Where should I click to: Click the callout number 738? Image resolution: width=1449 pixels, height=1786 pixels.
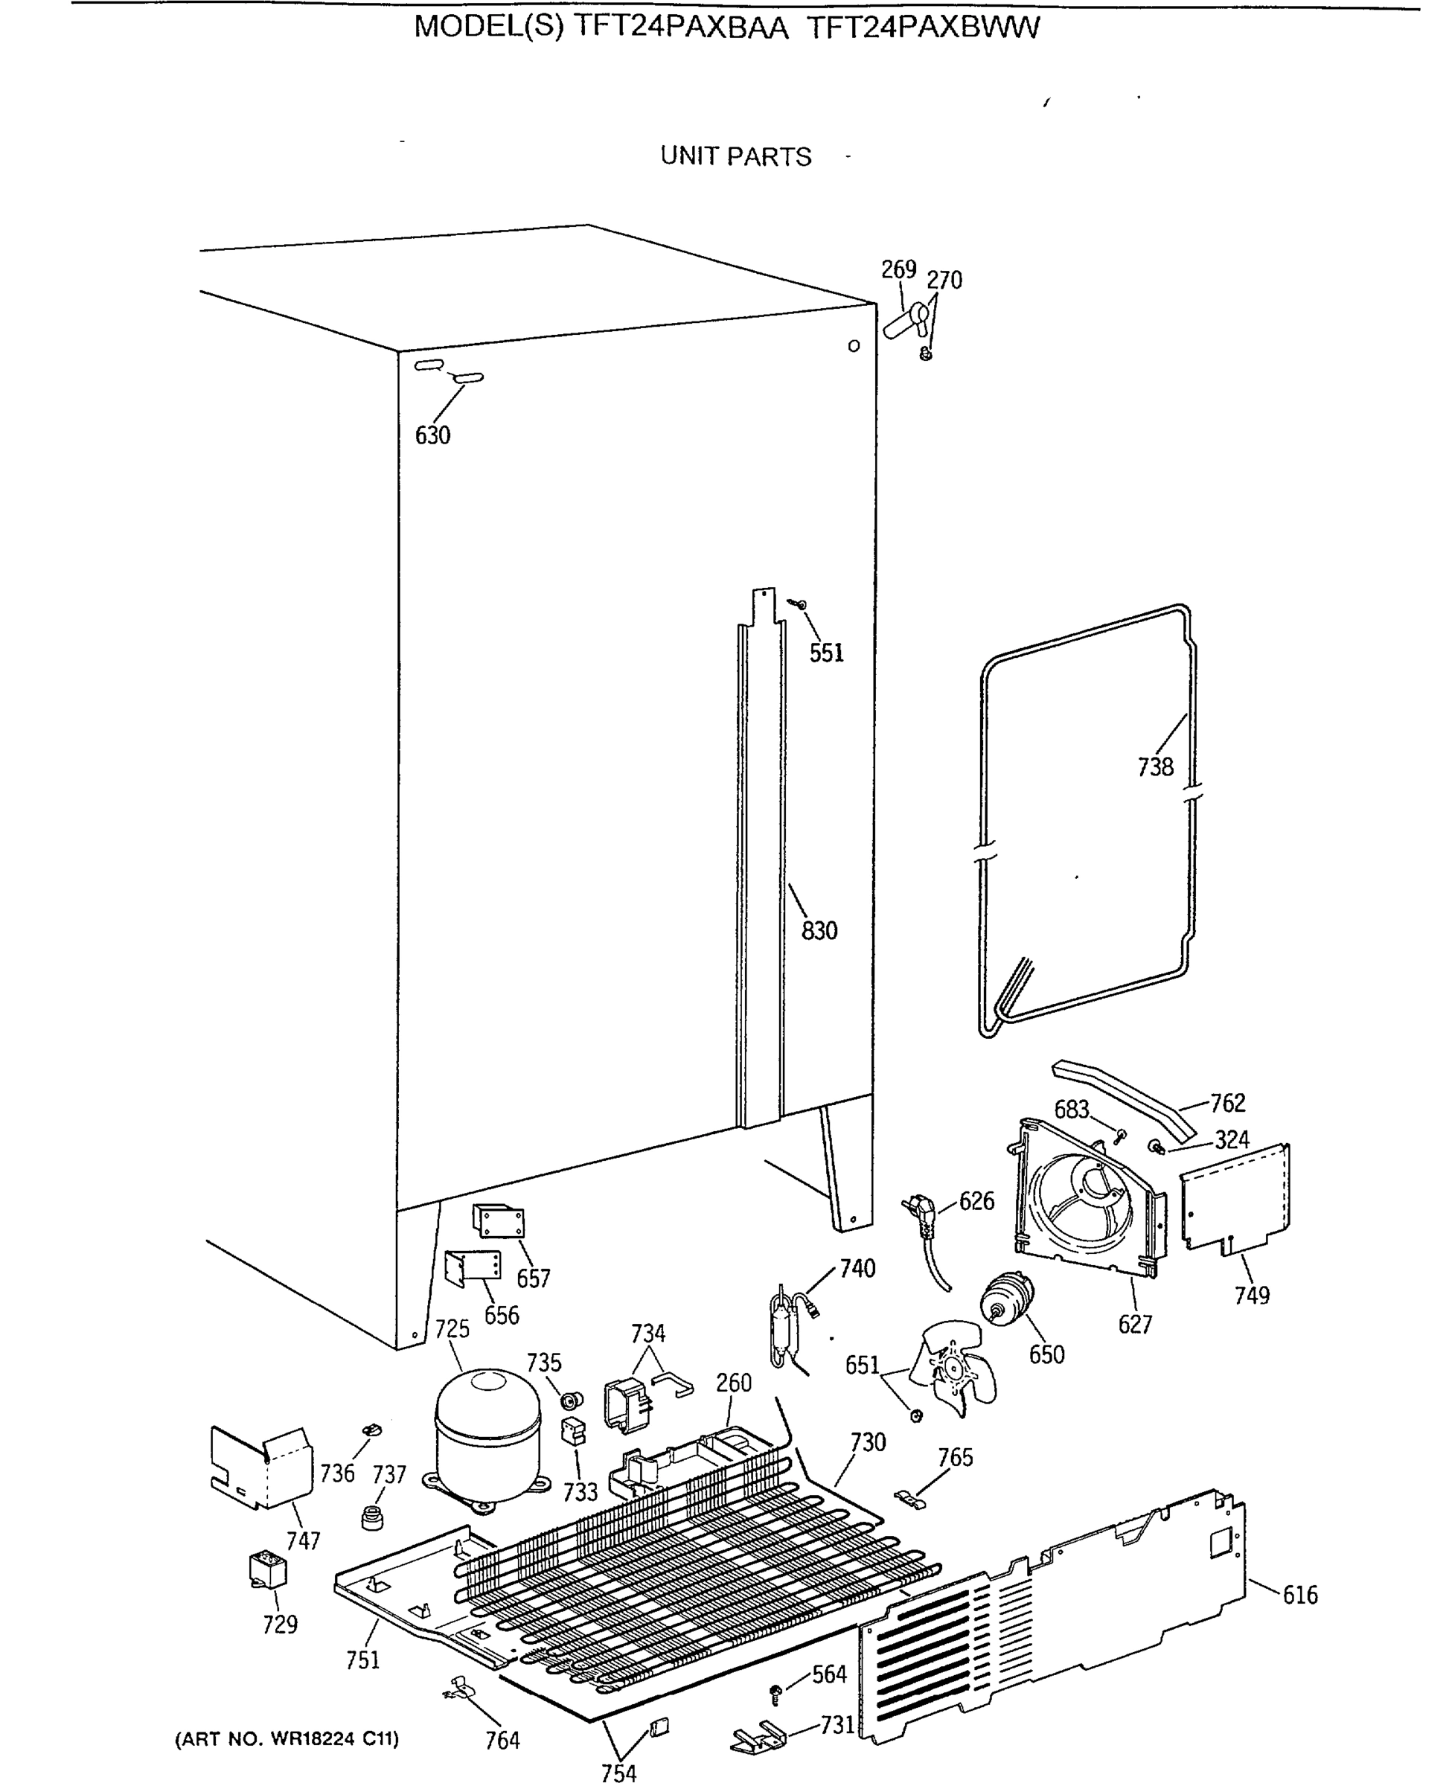[1155, 767]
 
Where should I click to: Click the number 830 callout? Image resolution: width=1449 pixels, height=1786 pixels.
[819, 930]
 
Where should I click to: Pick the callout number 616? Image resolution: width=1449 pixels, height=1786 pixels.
[1299, 1595]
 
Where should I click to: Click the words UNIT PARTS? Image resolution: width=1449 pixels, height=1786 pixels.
[735, 157]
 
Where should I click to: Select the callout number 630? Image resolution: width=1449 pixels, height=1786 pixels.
[432, 435]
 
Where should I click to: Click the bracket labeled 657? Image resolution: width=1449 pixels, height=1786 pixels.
[499, 1222]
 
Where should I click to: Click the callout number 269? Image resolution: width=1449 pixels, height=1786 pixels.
[898, 269]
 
